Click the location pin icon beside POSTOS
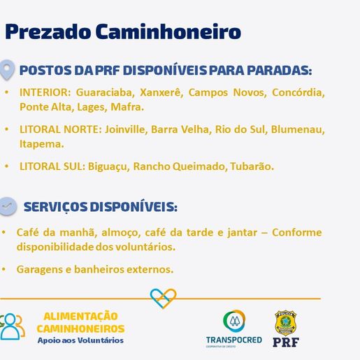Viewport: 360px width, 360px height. [x=8, y=70]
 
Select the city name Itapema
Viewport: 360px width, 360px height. [x=41, y=144]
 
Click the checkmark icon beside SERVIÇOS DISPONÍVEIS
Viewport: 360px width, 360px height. [x=8, y=206]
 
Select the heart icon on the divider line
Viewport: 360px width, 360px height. [x=164, y=298]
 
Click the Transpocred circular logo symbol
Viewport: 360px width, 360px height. [x=234, y=322]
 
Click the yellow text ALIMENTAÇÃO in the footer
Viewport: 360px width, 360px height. [x=80, y=316]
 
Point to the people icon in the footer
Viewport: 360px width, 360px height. [x=12, y=326]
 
